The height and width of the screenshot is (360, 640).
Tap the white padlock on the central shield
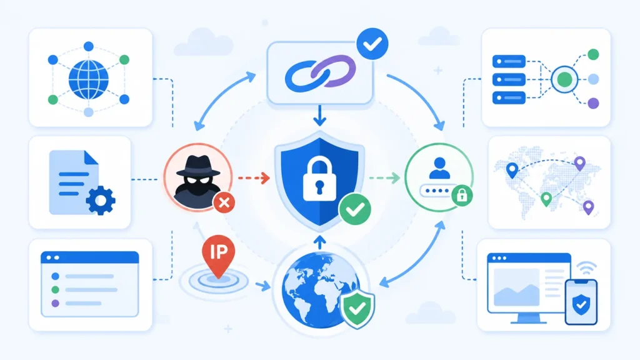pos(319,179)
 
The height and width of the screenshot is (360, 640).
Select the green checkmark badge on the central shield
pos(355,209)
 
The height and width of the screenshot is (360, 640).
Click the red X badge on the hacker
pos(224,202)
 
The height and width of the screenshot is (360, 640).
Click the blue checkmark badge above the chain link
pos(372,44)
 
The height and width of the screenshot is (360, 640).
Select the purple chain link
pos(334,70)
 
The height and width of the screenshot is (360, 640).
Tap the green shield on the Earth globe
pos(357,308)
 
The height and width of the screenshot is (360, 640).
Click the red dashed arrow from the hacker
pos(254,178)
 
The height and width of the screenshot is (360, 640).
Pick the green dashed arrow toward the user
pos(384,178)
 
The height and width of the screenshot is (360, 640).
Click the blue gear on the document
pos(101,200)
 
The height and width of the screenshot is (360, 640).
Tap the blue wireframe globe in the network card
pos(89,79)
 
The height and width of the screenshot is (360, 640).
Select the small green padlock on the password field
pos(462,195)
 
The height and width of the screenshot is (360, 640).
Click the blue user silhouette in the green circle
pos(439,168)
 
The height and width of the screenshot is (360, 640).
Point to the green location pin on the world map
pos(546,199)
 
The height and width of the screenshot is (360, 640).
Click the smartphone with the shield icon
pos(581,302)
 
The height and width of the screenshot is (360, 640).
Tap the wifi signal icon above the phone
pos(587,268)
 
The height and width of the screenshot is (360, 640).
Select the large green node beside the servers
pos(564,79)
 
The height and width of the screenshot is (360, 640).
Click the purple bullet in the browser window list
pos(55,303)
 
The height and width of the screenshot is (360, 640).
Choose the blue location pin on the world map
pos(512,170)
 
